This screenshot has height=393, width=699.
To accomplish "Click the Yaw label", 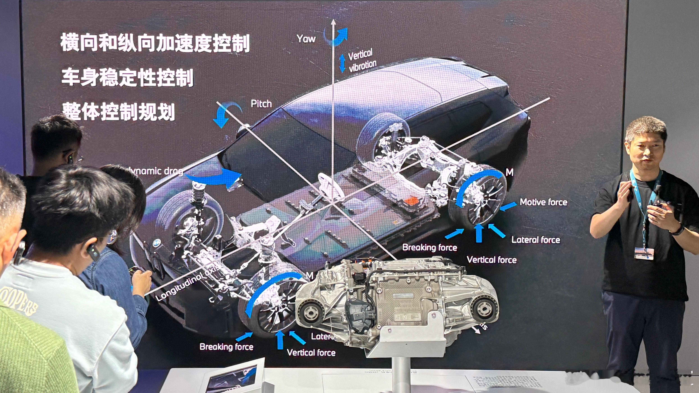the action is (x=306, y=39).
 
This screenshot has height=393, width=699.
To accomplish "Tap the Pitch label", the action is (x=261, y=104).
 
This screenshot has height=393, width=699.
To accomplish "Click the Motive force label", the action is (x=543, y=202).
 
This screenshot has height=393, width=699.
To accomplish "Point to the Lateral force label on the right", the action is (x=536, y=240).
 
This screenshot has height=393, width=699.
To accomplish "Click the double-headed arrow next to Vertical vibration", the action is (x=342, y=62).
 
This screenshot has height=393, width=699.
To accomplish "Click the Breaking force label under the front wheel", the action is (x=226, y=347).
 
